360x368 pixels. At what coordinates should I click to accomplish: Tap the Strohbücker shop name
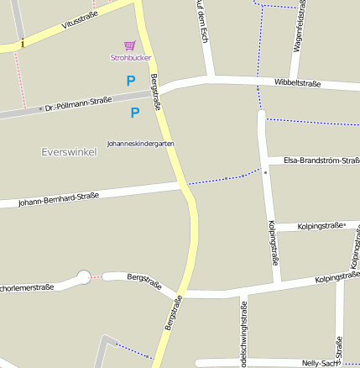click(129, 58)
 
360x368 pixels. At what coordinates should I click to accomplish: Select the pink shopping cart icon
click(129, 46)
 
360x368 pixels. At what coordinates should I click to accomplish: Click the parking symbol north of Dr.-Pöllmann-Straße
click(130, 81)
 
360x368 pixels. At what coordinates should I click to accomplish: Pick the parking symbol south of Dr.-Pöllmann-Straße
click(135, 113)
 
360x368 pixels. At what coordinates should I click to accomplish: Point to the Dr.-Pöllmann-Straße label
click(79, 104)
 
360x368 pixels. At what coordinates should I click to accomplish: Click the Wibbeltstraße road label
click(297, 82)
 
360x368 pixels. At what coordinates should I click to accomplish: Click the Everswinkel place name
click(69, 152)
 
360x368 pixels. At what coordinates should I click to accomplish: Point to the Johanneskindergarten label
click(141, 144)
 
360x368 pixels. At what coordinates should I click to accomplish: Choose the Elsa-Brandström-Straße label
click(321, 160)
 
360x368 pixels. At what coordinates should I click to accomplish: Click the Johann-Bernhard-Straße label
click(59, 199)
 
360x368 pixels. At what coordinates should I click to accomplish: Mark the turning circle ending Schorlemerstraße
click(84, 276)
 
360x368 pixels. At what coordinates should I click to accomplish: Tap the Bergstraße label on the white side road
click(143, 280)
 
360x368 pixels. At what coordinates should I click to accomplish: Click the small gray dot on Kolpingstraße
click(265, 172)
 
